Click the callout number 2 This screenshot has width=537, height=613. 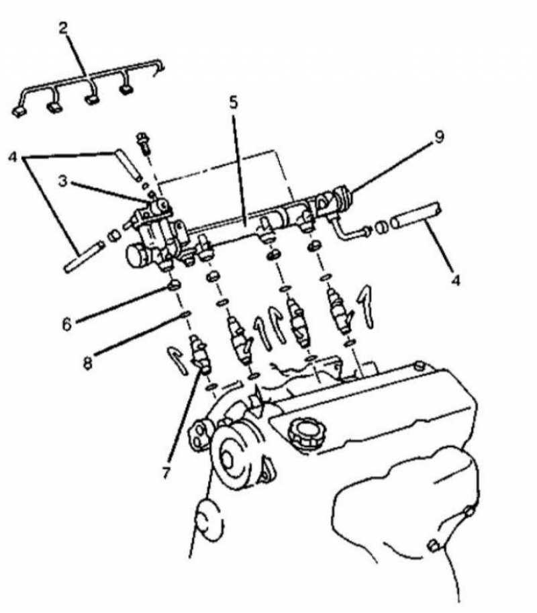(64, 29)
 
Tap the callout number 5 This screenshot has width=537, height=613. (234, 103)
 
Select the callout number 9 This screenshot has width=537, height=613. (439, 137)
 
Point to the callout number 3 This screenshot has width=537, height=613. (63, 181)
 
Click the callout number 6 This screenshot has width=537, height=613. (68, 324)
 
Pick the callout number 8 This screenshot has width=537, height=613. (89, 363)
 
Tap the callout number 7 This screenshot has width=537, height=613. (166, 473)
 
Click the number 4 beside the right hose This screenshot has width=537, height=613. (455, 280)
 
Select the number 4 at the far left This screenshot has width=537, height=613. (13, 157)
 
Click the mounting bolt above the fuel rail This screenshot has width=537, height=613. (144, 144)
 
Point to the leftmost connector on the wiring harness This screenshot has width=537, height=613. (19, 112)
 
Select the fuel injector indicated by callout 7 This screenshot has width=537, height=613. (200, 353)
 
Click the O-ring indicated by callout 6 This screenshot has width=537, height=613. (174, 286)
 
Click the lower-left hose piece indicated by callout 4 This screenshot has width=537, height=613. (85, 257)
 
